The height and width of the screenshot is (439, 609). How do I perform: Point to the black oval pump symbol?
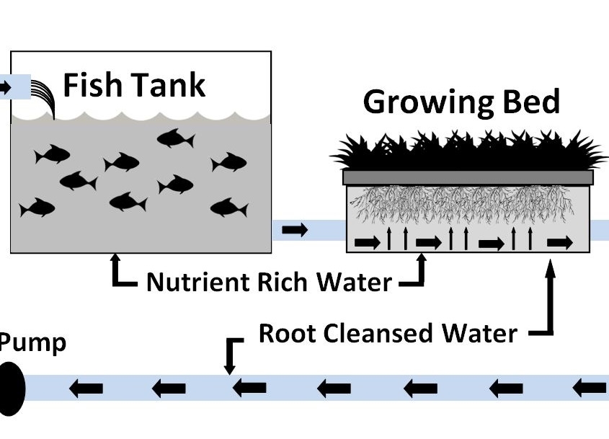12,389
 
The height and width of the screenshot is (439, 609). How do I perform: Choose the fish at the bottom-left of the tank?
37,208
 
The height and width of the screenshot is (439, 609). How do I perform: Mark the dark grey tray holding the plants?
469,177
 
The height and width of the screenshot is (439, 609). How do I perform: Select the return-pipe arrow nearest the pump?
85,389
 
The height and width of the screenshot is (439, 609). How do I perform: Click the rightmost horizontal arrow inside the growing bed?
559,243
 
